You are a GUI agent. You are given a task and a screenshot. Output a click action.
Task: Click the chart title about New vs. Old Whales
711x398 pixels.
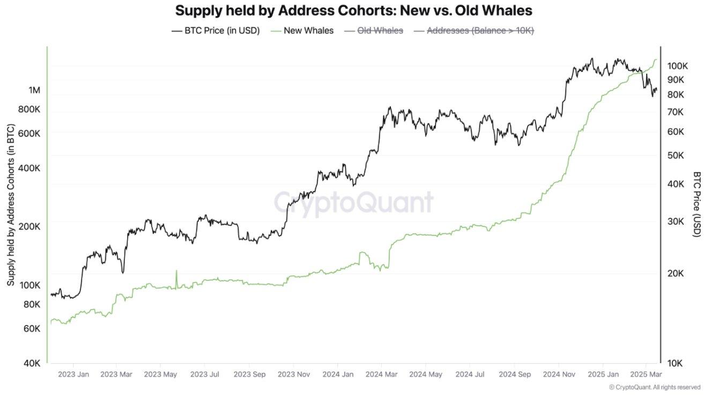353,11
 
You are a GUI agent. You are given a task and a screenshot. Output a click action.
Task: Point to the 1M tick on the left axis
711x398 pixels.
34,90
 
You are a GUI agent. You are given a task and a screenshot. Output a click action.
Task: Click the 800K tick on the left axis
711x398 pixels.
29,109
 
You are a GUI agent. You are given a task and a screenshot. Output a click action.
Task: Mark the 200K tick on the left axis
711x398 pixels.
29,226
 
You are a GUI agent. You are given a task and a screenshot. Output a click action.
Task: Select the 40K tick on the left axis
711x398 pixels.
32,363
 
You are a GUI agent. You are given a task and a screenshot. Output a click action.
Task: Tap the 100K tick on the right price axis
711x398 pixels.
677,66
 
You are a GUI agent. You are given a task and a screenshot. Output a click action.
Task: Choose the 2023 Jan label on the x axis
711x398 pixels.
73,374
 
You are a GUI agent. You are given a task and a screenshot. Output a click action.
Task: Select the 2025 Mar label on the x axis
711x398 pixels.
646,374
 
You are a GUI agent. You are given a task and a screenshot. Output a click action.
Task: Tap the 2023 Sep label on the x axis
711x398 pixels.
249,374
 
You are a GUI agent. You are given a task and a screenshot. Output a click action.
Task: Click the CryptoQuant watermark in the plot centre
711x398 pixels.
353,203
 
